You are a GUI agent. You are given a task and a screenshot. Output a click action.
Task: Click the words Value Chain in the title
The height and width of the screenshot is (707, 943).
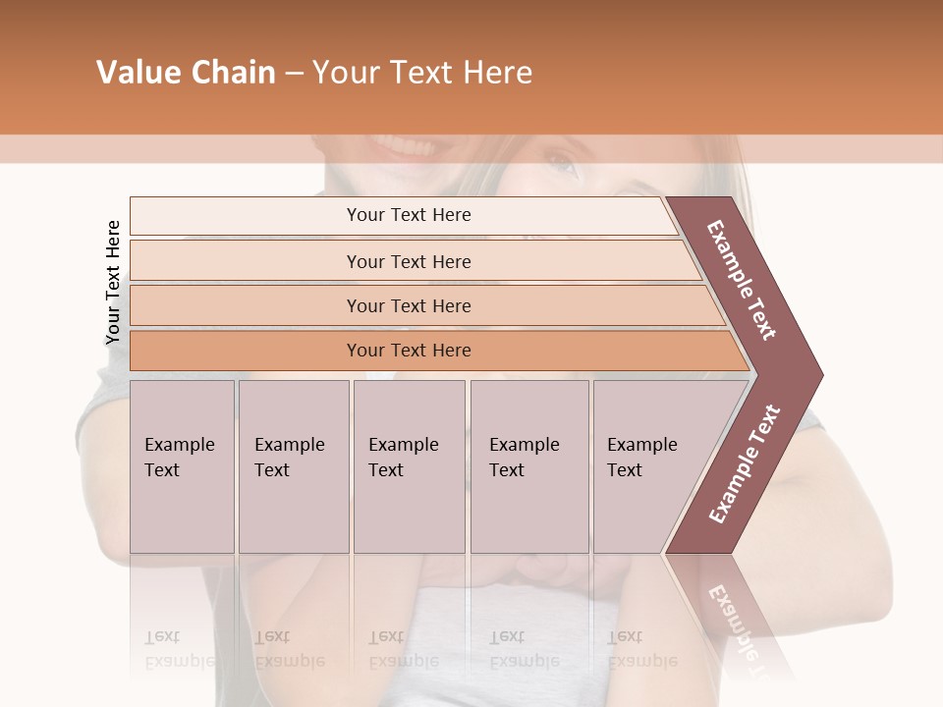pyautogui.click(x=186, y=73)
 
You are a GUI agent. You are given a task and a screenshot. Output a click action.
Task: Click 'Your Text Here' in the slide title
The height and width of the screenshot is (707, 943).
pyautogui.click(x=422, y=73)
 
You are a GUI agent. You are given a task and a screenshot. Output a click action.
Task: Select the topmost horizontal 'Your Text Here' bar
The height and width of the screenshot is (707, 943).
pyautogui.click(x=408, y=215)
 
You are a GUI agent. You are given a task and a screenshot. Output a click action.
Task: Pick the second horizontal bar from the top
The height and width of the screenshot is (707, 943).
pyautogui.click(x=408, y=261)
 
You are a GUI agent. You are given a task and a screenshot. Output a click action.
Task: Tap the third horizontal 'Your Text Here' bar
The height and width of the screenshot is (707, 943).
pyautogui.click(x=408, y=305)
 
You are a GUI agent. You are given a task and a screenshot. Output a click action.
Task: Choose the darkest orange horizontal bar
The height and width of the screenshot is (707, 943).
pyautogui.click(x=408, y=351)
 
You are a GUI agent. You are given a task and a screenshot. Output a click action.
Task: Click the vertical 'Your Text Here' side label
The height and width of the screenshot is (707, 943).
pyautogui.click(x=113, y=282)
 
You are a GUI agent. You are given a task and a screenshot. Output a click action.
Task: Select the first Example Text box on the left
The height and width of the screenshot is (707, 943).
pyautogui.click(x=181, y=458)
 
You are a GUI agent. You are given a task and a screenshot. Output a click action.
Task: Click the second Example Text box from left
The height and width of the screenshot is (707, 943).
pyautogui.click(x=291, y=458)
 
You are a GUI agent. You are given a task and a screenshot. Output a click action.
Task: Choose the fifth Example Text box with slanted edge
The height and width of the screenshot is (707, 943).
pyautogui.click(x=644, y=458)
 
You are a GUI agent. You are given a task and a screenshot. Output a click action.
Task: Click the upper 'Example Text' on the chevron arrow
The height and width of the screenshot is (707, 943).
pyautogui.click(x=742, y=280)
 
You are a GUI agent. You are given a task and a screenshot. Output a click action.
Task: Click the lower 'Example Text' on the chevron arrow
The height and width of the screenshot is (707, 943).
pyautogui.click(x=744, y=464)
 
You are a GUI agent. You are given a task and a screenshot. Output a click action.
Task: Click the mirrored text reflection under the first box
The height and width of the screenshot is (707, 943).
pyautogui.click(x=180, y=649)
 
